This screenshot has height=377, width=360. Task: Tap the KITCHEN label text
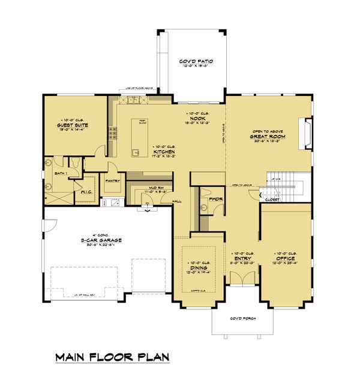coord(163,152)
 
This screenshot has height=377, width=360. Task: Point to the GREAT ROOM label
coord(268,136)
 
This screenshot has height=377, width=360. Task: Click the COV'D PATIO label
coord(193,62)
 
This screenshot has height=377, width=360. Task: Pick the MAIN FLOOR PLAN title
coord(113,358)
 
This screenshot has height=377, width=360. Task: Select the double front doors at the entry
coord(243,278)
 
